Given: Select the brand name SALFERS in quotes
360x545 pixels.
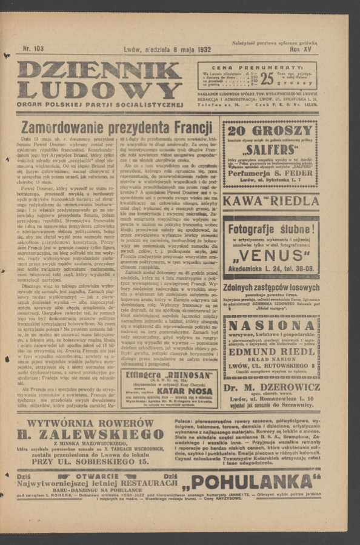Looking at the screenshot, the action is [270, 149].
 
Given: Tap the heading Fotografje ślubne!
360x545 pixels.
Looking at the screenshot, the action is [270, 231].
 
